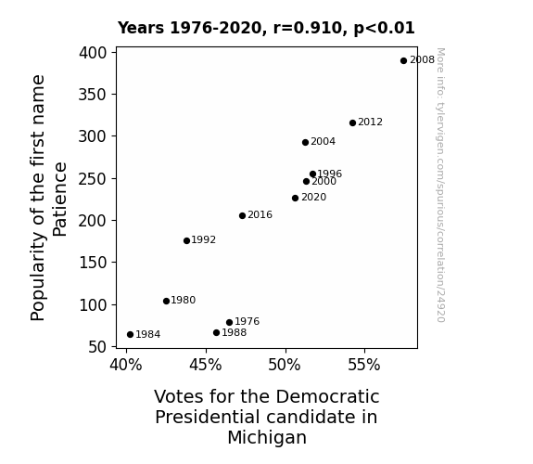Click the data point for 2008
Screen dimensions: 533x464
click(x=403, y=61)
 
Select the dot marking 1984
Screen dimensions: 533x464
click(x=130, y=335)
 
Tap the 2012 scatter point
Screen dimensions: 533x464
click(x=352, y=122)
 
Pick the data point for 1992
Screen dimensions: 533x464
click(x=186, y=240)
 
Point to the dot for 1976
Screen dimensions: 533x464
click(x=229, y=322)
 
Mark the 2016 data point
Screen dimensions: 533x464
click(x=242, y=215)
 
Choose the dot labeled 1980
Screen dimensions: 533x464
click(x=166, y=301)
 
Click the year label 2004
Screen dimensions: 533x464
click(x=323, y=141)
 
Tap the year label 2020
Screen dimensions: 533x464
click(x=313, y=197)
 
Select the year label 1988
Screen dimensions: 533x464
click(x=234, y=332)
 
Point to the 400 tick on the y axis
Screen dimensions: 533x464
click(x=93, y=53)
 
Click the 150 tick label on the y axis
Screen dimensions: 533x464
click(x=93, y=263)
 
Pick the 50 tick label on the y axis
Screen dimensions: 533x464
click(x=97, y=347)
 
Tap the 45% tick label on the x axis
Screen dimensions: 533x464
click(x=206, y=365)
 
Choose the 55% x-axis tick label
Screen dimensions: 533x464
click(x=364, y=365)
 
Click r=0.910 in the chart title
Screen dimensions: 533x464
click(x=308, y=28)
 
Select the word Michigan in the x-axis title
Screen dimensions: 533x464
click(x=267, y=438)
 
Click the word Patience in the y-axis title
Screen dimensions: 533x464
click(x=60, y=200)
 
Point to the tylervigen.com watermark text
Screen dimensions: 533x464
click(x=440, y=186)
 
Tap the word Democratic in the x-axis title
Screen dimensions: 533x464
click(x=327, y=396)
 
